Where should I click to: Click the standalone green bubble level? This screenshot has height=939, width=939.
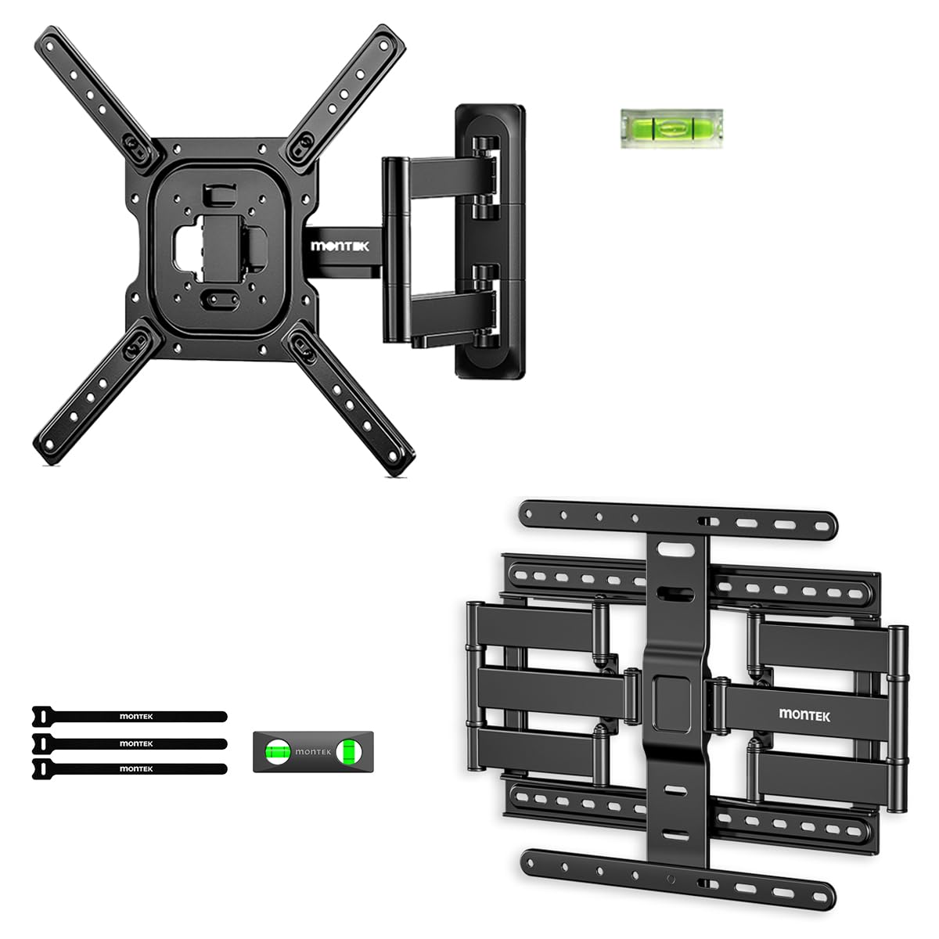pyautogui.click(x=671, y=128)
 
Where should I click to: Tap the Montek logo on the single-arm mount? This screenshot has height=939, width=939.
pyautogui.click(x=340, y=246)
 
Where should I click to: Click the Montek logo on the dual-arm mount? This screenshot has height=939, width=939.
pyautogui.click(x=804, y=715)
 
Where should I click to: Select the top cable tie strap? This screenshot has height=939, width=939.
pyautogui.click(x=130, y=716)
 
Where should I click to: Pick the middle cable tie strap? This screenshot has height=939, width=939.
pyautogui.click(x=130, y=743)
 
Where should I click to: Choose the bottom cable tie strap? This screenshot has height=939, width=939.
pyautogui.click(x=130, y=769)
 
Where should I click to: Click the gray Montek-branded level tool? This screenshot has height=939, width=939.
pyautogui.click(x=313, y=751)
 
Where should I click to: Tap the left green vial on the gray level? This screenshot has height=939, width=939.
pyautogui.click(x=277, y=751)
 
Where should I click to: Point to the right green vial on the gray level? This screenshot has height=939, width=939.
pyautogui.click(x=350, y=751)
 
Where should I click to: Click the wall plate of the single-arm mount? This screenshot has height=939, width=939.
pyautogui.click(x=491, y=241)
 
